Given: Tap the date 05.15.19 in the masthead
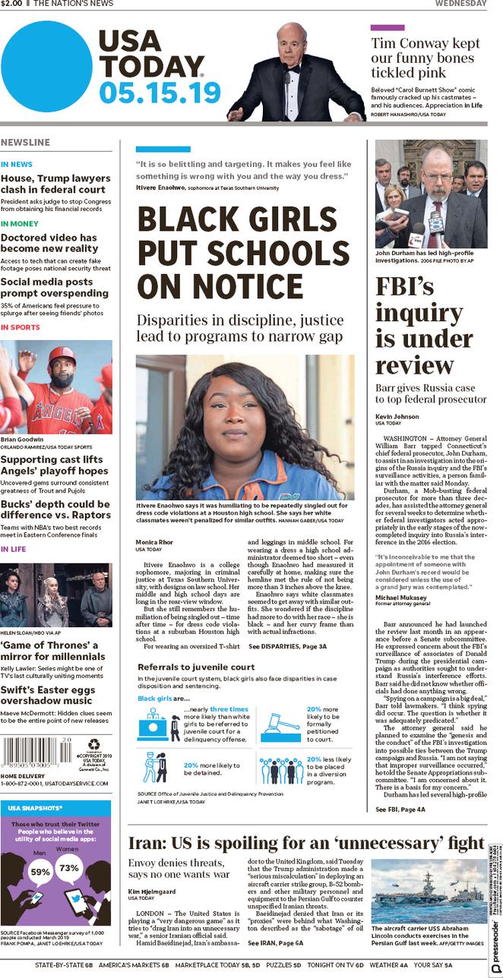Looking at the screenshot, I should [x=159, y=93].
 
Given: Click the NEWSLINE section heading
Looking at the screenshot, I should [x=26, y=143].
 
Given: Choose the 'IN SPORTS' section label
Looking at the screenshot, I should [x=21, y=327].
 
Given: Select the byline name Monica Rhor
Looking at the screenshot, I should [x=156, y=541].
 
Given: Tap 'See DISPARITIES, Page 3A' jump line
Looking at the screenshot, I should [x=287, y=646].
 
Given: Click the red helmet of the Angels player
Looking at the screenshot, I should [x=62, y=357].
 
